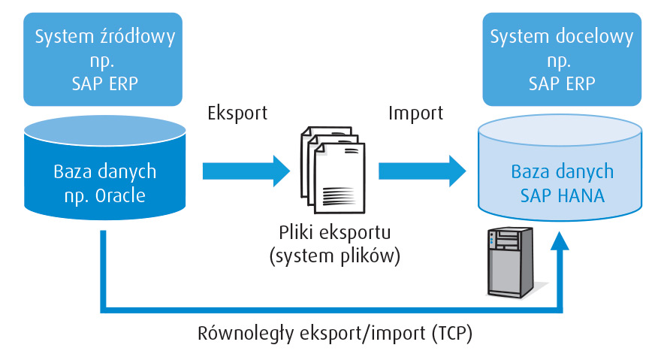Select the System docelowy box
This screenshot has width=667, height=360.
point(563,57)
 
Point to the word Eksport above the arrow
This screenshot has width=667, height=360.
point(237,113)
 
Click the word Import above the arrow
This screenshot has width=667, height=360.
point(415,113)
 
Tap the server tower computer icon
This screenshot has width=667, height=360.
point(510,262)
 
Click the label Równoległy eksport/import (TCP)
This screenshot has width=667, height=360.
point(334,332)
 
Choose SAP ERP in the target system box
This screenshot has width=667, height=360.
point(563,83)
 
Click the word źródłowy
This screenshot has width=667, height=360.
point(135,36)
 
